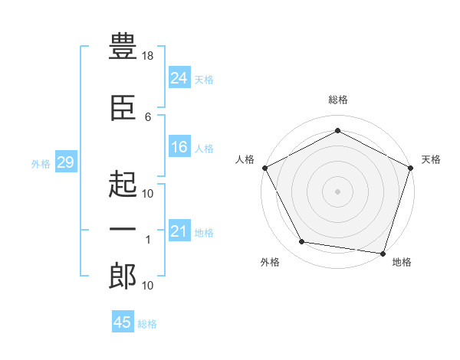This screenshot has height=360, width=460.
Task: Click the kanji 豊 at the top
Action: tap(123, 46)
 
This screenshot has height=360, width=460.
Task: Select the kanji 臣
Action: tap(123, 108)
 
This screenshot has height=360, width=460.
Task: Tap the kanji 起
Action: tap(123, 184)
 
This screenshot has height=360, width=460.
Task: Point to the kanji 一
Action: tap(123, 229)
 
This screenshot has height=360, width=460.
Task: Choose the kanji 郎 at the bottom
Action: tap(123, 276)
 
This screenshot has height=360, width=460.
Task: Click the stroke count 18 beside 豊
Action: tap(147, 56)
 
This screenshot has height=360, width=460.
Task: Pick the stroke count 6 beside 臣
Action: tap(148, 117)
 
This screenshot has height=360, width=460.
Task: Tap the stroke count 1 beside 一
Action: tap(148, 240)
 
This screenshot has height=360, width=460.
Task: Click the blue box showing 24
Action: tap(179, 77)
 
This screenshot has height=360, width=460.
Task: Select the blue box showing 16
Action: tap(179, 146)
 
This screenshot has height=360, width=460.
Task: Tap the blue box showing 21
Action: tap(179, 230)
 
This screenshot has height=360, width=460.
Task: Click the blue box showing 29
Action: tap(66, 162)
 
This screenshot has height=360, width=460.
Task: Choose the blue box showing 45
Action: tap(123, 321)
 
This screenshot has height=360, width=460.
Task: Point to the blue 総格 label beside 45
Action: tap(147, 324)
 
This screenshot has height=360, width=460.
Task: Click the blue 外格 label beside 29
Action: tap(41, 164)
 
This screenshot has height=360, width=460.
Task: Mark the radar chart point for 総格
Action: tap(337, 130)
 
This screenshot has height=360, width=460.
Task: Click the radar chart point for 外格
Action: tap(301, 241)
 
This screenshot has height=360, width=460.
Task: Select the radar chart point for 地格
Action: tap(383, 254)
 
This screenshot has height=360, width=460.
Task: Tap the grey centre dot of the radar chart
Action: tap(337, 191)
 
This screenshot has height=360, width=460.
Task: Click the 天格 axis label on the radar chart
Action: tap(431, 159)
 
